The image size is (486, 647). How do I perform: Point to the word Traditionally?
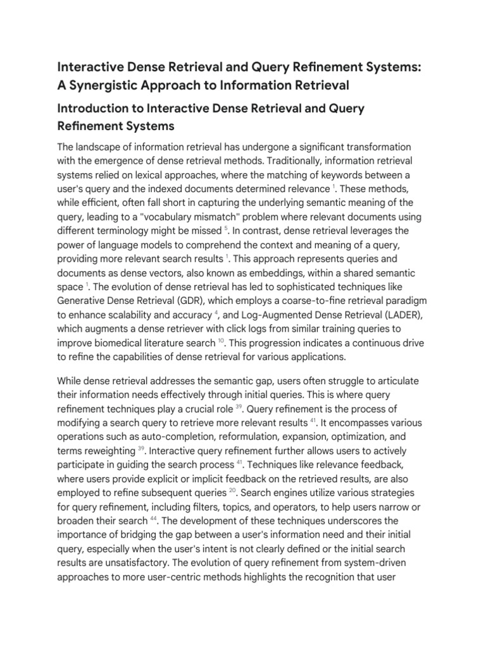(x=295, y=161)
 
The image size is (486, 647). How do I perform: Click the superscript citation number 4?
(x=217, y=311)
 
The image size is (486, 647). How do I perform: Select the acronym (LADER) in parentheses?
(x=390, y=314)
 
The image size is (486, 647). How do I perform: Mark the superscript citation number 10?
(x=221, y=340)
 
